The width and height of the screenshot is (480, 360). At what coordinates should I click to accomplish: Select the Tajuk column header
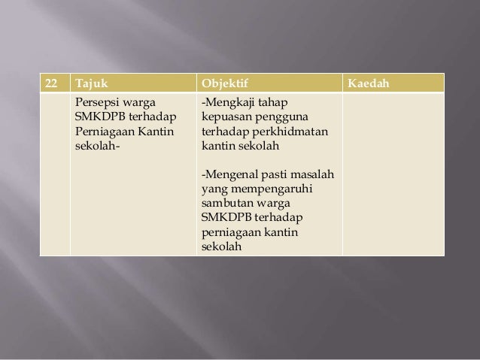pyautogui.click(x=90, y=81)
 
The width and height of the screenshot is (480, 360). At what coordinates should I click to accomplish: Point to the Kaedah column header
pyautogui.click(x=368, y=81)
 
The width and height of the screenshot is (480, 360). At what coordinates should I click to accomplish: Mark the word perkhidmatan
pyautogui.click(x=293, y=132)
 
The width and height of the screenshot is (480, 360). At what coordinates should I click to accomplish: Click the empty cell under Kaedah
pyautogui.click(x=392, y=173)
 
